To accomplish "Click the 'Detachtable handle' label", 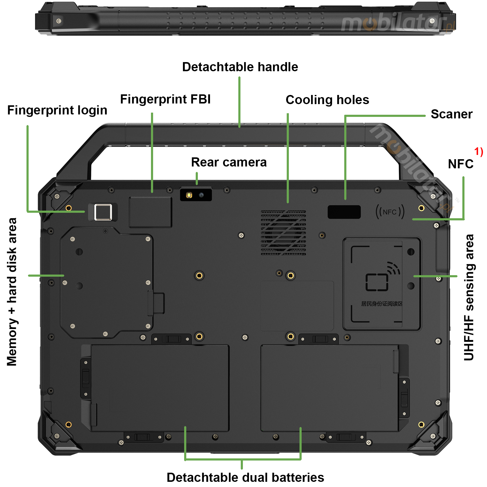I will point(240,67).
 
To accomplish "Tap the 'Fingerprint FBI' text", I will point(165,99).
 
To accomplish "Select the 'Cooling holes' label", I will point(327,100).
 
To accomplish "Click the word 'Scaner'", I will point(451,114).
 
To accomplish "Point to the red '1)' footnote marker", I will point(478,151).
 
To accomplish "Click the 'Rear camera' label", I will point(229,162).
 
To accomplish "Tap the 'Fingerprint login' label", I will point(57,110).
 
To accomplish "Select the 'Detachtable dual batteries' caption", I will point(245,477).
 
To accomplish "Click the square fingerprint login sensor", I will point(103,212).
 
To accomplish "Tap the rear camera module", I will point(196,195).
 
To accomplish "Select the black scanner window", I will point(344,212).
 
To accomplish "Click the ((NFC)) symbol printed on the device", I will point(390,212).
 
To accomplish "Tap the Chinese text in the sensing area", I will point(381,304).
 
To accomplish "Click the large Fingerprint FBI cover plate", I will point(150,212).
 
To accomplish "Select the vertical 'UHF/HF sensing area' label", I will point(468,297).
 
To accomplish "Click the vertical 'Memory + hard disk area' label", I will point(12,292).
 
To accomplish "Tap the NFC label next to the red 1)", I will point(460,164).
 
